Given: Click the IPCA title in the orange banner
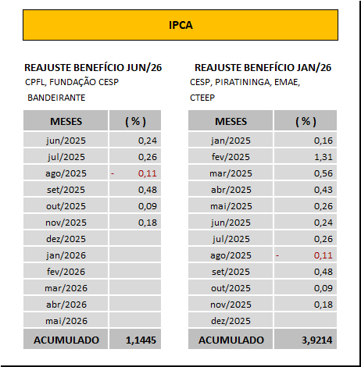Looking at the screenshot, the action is click(x=180, y=25).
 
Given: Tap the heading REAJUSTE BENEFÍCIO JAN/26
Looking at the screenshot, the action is click(x=263, y=68).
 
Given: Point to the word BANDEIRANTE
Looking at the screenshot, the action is click(x=56, y=98).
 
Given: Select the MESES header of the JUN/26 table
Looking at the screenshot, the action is click(x=66, y=122).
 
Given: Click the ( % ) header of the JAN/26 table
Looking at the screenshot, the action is click(x=306, y=122).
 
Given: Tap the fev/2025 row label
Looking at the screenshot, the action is click(x=231, y=157).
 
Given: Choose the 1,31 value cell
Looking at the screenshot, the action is click(x=323, y=157).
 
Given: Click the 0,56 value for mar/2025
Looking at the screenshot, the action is click(x=323, y=173).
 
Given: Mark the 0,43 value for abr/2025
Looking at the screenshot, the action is click(x=323, y=190).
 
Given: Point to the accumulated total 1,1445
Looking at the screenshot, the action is click(x=141, y=340).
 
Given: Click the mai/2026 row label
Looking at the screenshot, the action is click(x=66, y=321).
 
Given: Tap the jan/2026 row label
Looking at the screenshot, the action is click(x=66, y=255).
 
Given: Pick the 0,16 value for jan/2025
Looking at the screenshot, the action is click(x=323, y=141).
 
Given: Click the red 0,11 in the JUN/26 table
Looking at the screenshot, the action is click(x=147, y=173).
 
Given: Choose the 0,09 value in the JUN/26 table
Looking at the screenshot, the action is click(x=147, y=206).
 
